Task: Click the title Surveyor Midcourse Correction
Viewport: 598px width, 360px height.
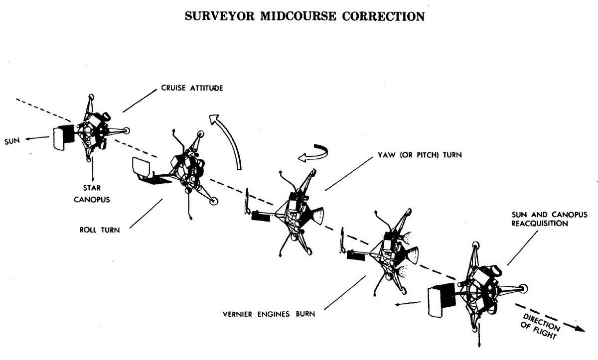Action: click(304, 16)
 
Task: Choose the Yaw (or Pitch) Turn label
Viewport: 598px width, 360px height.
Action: click(413, 155)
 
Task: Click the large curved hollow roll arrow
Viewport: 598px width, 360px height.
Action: click(230, 139)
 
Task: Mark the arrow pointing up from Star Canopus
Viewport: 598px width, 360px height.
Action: click(94, 170)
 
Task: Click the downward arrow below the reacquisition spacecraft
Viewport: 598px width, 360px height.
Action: click(479, 340)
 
